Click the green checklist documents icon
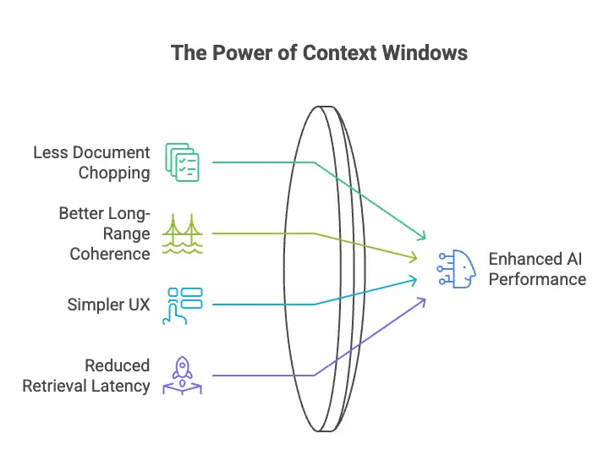182,162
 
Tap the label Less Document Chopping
91,162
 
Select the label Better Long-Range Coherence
104,233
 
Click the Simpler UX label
108,305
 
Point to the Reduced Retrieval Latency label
86,376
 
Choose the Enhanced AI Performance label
537,268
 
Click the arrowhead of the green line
423,237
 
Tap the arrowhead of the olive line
414,256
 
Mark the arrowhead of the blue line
414,278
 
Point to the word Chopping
114,173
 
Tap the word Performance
537,278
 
